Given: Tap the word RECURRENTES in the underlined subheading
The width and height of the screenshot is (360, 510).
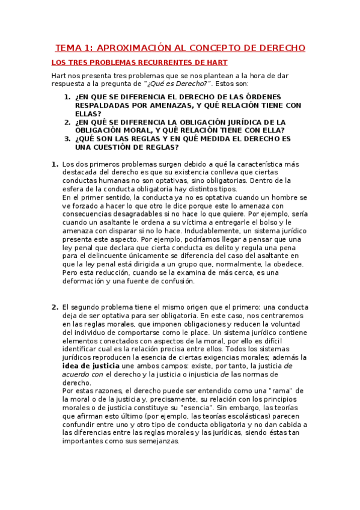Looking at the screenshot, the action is click(x=150, y=63).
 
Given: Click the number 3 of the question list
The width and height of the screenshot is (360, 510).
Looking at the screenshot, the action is click(x=67, y=138).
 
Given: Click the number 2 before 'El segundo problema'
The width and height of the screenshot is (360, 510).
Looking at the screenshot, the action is click(x=55, y=307).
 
